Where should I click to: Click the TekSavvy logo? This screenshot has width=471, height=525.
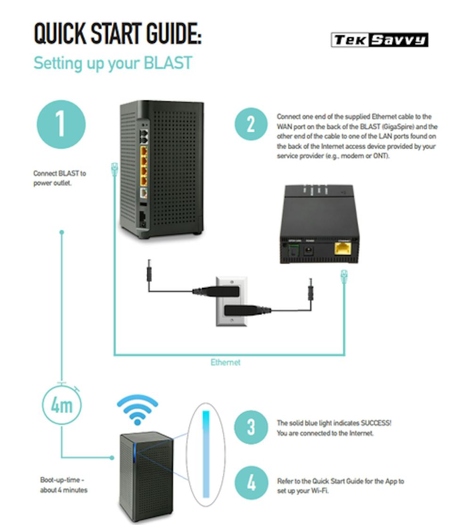click(380, 40)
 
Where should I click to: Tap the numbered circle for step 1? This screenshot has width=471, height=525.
click(61, 124)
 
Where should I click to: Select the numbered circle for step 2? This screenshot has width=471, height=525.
click(251, 124)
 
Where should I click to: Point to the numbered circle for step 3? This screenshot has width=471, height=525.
click(251, 427)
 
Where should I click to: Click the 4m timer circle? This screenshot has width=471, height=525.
click(62, 404)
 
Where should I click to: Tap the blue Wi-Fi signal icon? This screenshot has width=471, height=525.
click(137, 409)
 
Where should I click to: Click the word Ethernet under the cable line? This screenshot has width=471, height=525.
click(225, 362)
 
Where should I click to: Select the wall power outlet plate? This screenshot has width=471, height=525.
click(231, 301)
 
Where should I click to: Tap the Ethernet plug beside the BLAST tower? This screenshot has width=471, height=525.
click(114, 168)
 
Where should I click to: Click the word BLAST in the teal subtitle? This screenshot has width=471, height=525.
click(167, 63)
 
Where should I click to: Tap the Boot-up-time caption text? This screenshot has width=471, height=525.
click(64, 485)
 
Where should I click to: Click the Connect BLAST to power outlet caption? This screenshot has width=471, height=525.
click(59, 178)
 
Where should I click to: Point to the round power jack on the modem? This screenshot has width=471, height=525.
click(310, 250)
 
